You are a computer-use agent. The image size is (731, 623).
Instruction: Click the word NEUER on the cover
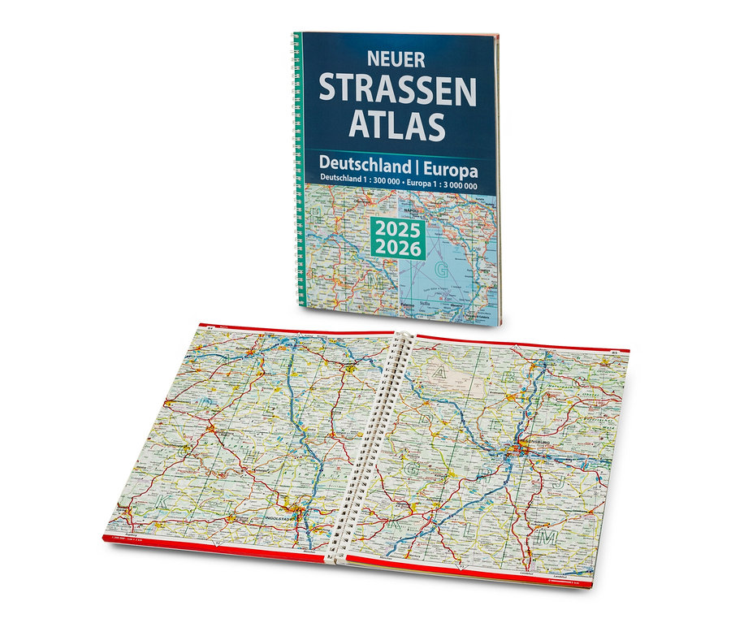[x=397, y=60]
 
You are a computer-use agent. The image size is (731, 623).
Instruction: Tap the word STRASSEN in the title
[x=397, y=89]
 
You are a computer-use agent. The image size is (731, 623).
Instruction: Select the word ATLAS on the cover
[x=397, y=125]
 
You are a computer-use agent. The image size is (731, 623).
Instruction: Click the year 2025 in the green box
[x=398, y=229]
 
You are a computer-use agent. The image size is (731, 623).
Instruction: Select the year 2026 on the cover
[x=398, y=249]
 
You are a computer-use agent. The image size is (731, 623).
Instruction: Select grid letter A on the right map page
[x=439, y=373]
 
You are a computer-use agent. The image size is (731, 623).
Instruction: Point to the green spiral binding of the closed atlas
[x=297, y=162]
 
